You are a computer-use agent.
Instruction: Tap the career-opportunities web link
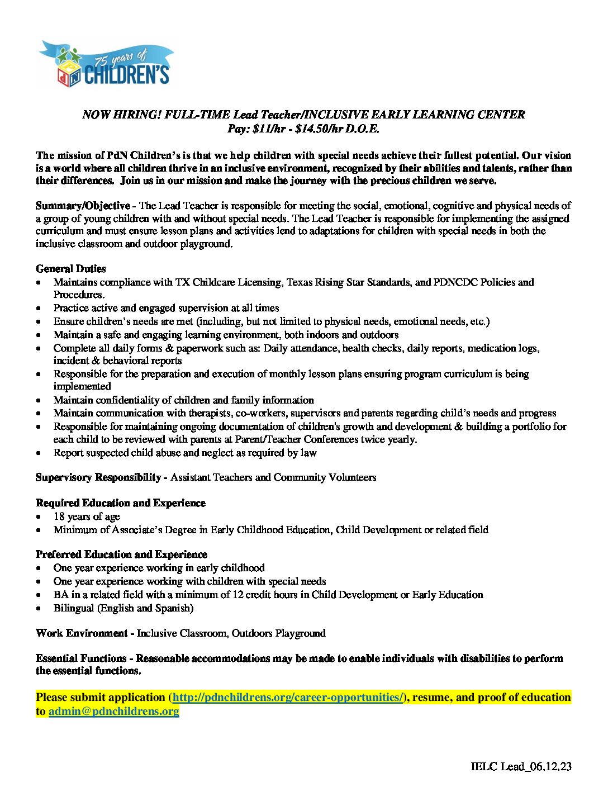(288, 698)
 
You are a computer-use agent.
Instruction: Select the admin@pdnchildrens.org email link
(114, 712)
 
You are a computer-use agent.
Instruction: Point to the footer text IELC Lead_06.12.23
(521, 766)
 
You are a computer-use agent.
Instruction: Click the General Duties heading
(70, 269)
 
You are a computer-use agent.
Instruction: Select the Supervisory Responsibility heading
(98, 477)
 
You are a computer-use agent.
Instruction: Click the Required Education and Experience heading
(121, 503)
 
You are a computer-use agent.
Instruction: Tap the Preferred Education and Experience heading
(121, 554)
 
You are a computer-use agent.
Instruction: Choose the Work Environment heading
(82, 633)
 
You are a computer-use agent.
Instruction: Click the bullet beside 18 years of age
(39, 517)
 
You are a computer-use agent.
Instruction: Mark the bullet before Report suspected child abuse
(39, 453)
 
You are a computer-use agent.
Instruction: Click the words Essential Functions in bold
(81, 658)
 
